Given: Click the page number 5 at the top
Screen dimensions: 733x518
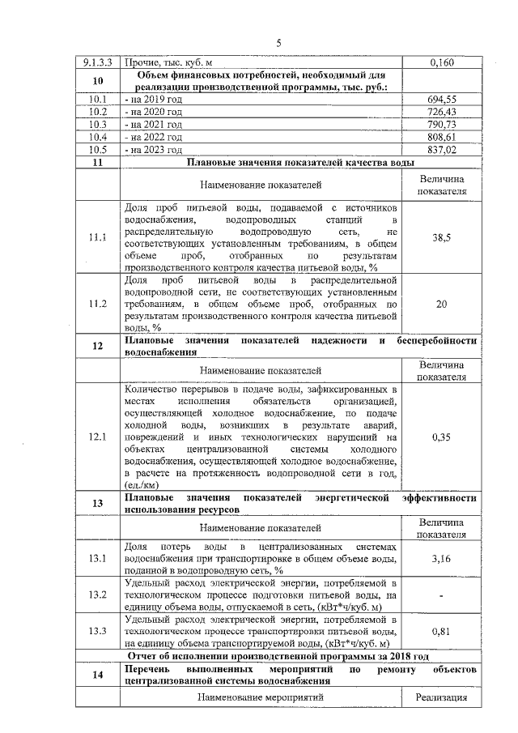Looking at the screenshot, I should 278,43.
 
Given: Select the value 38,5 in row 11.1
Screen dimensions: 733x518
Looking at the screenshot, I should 441,239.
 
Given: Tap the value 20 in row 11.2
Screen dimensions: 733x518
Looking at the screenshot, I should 441,304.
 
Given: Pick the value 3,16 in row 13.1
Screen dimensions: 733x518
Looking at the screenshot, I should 441,559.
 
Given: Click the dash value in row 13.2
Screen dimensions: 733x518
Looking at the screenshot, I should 441,595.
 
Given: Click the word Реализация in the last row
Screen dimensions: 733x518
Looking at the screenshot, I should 441,697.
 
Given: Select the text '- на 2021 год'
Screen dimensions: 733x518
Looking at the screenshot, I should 153,125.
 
